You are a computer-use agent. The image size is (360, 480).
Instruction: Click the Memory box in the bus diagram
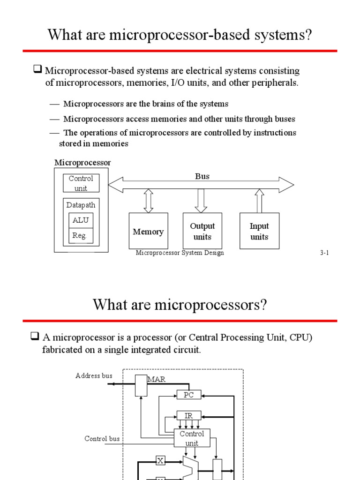[148, 231]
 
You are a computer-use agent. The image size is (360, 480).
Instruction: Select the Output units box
[202, 231]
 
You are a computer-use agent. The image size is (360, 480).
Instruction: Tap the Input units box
[259, 231]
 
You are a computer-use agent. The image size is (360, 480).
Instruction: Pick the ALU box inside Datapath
[81, 220]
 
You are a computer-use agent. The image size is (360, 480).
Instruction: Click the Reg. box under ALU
[80, 236]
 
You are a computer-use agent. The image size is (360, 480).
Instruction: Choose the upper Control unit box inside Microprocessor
[81, 183]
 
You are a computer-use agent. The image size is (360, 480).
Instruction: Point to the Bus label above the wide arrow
[202, 176]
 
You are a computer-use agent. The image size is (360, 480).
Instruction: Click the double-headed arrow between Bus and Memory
[149, 201]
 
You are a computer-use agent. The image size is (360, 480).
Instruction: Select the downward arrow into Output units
[202, 201]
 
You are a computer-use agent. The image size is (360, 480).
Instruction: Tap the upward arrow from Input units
[259, 201]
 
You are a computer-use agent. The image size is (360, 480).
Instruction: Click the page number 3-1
[325, 253]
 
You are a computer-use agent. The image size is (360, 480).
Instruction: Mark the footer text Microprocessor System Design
[180, 253]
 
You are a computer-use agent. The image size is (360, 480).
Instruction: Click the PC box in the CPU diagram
[188, 395]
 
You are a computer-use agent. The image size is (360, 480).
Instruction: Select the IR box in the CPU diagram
[188, 416]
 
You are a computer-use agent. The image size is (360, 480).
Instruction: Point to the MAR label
[157, 379]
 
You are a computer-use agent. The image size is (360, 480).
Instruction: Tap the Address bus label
[94, 376]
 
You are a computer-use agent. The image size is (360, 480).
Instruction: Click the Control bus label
[102, 439]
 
